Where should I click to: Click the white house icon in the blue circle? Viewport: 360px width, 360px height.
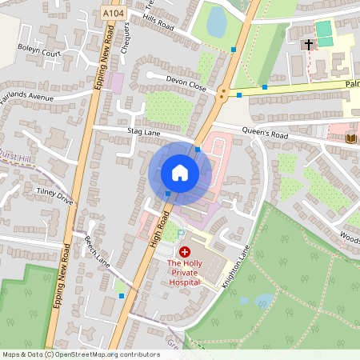[x=180, y=173]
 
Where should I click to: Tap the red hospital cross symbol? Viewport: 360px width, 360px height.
[x=185, y=251]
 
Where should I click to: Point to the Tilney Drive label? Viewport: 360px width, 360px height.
[x=54, y=196]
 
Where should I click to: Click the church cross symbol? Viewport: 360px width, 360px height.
[x=308, y=44]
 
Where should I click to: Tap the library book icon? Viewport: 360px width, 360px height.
[x=350, y=138]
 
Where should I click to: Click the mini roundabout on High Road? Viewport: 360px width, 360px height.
[x=222, y=94]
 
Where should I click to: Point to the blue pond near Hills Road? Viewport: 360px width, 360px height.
[x=217, y=25]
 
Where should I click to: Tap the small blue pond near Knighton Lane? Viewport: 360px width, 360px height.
[x=263, y=300]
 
